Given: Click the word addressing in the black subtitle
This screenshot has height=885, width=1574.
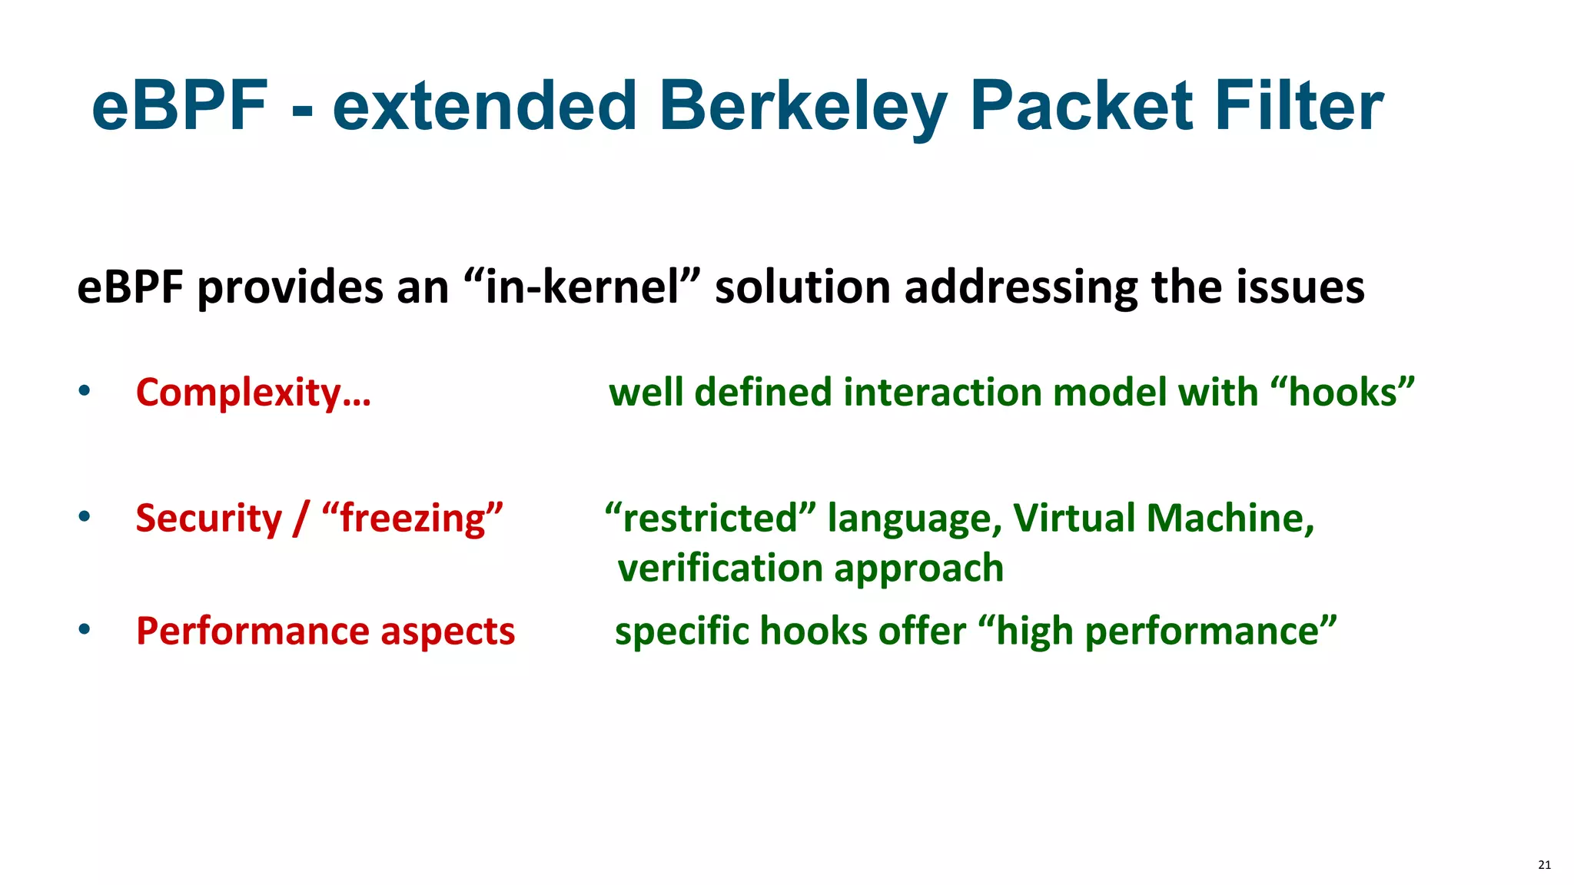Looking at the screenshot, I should pos(1021,287).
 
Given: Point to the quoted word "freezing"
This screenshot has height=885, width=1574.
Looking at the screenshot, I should pos(413,518).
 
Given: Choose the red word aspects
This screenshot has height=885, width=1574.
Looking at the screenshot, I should pos(447,631).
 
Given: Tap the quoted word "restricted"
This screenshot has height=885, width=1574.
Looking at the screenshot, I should pos(711,518).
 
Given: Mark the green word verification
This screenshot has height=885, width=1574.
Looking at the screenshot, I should pos(720,568).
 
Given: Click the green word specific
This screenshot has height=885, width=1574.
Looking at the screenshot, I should pos(682,631).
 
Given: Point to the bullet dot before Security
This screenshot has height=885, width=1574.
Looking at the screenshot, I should pos(85,516).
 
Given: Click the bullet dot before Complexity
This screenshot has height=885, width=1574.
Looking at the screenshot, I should pos(85,391).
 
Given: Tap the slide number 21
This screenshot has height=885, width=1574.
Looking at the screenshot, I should pos(1544,865).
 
